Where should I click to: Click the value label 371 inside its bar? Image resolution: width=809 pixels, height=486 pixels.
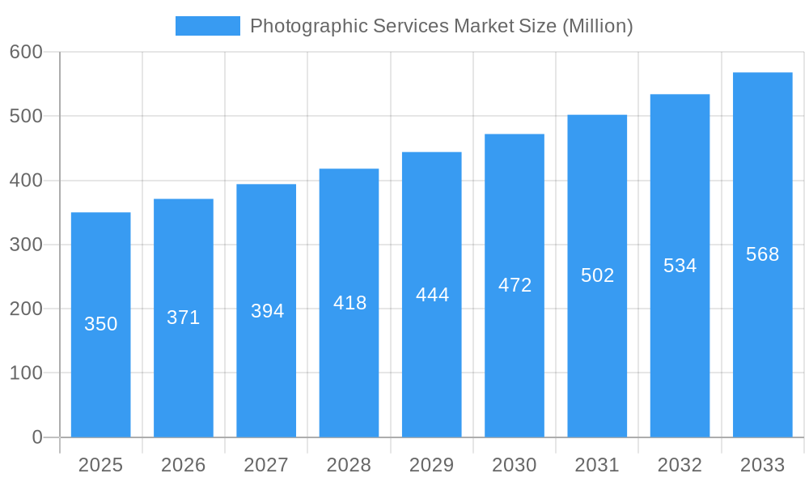(184, 318)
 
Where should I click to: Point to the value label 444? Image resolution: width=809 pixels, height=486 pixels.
(432, 295)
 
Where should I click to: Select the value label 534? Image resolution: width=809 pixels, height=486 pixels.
(680, 266)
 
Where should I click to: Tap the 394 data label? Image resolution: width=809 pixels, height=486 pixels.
(267, 311)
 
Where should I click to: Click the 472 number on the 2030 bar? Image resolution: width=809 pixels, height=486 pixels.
(515, 285)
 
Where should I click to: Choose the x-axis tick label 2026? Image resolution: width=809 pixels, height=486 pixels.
(184, 465)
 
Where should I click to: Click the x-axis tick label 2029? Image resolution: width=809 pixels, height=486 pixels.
(431, 465)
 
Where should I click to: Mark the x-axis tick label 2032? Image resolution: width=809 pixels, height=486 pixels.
(680, 465)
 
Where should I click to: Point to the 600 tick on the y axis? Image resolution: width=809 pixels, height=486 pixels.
(26, 52)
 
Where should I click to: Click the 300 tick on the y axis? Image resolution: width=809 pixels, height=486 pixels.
(26, 245)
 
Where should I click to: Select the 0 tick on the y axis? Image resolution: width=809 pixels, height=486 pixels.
(37, 437)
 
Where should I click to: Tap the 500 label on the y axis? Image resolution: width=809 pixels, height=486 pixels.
(26, 116)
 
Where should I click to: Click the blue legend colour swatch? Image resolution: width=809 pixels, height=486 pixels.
(208, 26)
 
